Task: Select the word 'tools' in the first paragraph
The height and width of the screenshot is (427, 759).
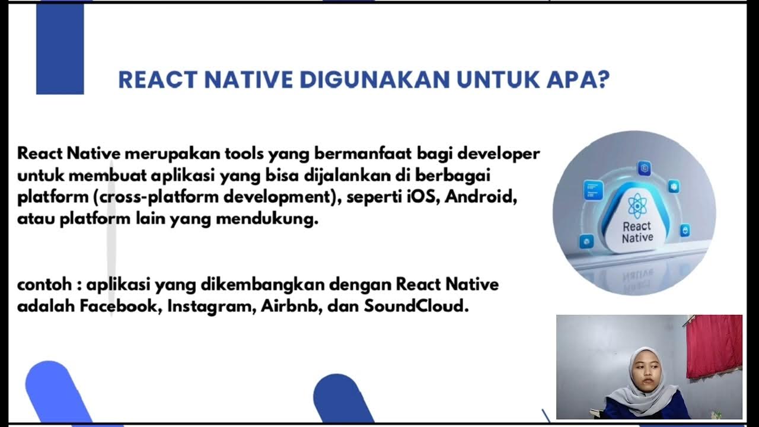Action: pos(244,154)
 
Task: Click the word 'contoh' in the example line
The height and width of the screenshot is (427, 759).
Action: pos(43,285)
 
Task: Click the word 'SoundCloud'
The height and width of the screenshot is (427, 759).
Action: pos(416,307)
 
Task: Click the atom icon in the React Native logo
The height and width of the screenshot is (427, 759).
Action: pos(636,205)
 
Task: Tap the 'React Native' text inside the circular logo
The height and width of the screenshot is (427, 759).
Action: pos(637,232)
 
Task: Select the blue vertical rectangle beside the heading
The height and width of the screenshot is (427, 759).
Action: pos(60,49)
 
